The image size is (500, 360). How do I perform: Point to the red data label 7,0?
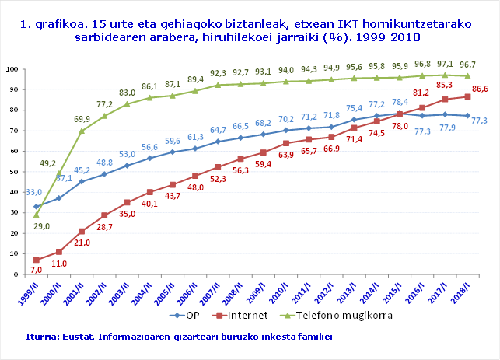[36, 270]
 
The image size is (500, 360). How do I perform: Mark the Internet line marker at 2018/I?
[467, 96]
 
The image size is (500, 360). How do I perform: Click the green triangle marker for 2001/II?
[81, 131]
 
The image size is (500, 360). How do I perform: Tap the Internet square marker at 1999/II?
[36, 260]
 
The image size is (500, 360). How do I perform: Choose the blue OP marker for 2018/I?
[467, 116]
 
